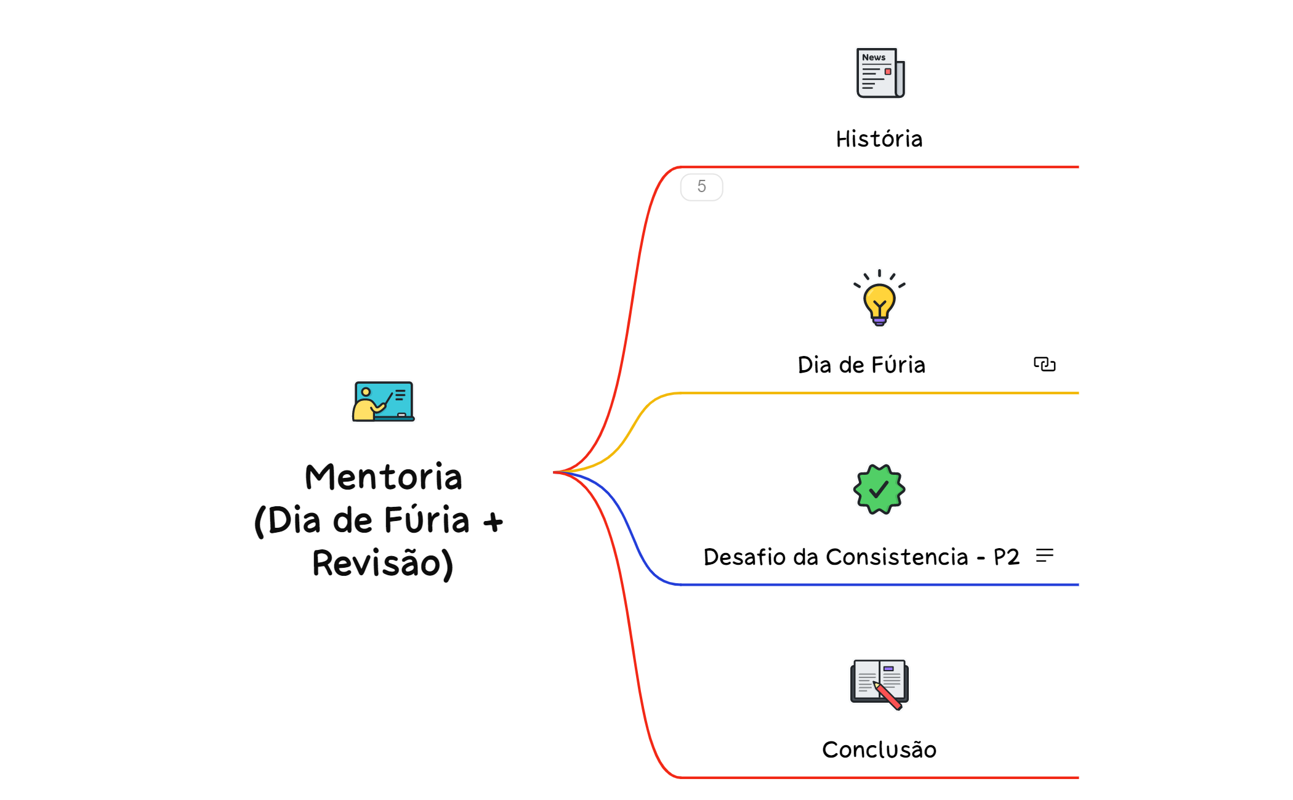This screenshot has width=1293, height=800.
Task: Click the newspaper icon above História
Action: click(880, 73)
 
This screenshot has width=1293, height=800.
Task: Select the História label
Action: click(879, 139)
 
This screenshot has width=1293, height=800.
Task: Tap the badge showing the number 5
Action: click(701, 187)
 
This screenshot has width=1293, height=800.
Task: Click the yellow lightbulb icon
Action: click(879, 299)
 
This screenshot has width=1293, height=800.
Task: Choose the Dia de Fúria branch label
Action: click(861, 365)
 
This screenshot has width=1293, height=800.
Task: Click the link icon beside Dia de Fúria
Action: click(1044, 365)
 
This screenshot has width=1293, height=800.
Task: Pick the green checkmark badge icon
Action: click(879, 490)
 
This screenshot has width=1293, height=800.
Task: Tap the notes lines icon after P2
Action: click(1044, 556)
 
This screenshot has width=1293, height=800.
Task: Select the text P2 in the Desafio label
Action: click(1006, 557)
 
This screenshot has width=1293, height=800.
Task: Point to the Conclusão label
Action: click(879, 750)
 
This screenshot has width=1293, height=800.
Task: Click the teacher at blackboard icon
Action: click(383, 402)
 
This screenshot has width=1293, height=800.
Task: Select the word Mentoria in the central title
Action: click(383, 477)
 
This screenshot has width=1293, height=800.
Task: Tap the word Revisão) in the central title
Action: click(383, 564)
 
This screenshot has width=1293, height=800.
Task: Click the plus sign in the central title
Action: click(493, 523)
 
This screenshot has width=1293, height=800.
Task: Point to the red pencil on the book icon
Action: click(888, 697)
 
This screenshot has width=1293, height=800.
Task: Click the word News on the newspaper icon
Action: click(873, 57)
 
